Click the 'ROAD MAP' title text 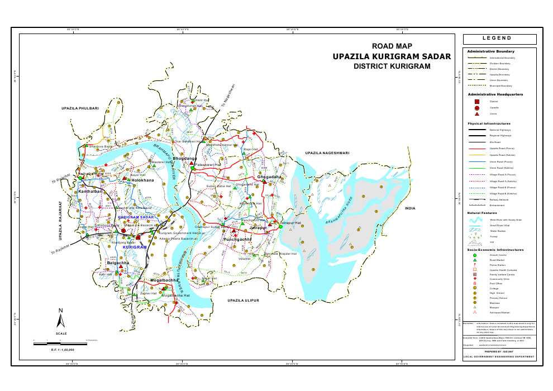pyautogui.click(x=392, y=46)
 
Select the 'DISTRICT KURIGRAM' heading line pyautogui.click(x=392, y=66)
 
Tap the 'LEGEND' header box pyautogui.click(x=499, y=39)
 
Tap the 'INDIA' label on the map pyautogui.click(x=411, y=208)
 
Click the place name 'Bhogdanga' pyautogui.click(x=184, y=159)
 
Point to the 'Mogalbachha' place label pyautogui.click(x=164, y=280)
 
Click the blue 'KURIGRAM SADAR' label pyautogui.click(x=136, y=216)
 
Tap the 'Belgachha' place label pyautogui.click(x=118, y=262)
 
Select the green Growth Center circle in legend pyautogui.click(x=475, y=255)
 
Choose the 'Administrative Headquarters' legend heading pyautogui.click(x=495, y=94)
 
